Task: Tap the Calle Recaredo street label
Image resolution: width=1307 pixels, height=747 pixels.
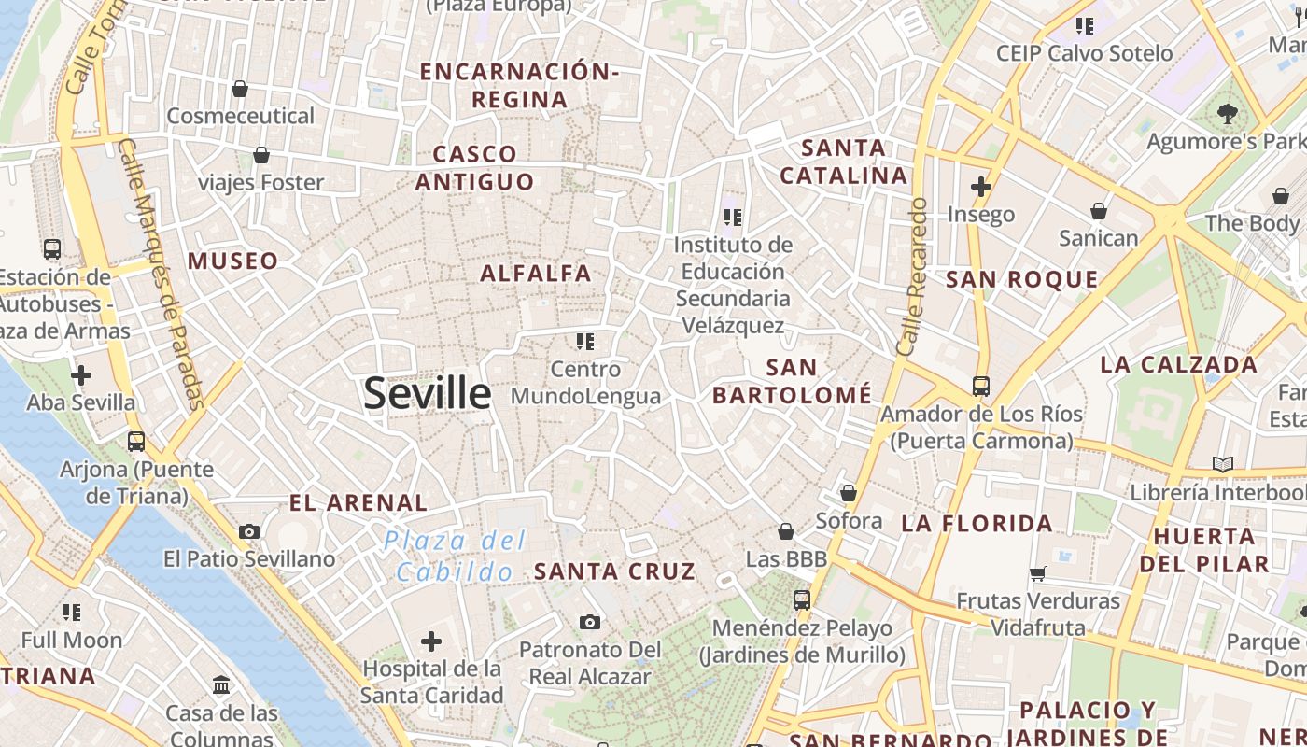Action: coord(911,276)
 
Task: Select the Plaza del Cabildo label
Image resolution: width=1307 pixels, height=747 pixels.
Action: coord(455,556)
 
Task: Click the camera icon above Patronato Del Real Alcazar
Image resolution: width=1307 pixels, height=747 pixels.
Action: coord(589,622)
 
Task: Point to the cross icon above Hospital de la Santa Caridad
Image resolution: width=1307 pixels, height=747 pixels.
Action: coord(430,641)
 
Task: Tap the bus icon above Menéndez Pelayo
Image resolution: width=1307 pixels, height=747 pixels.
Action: coord(801,600)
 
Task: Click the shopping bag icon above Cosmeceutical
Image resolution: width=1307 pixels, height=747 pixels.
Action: coord(240,89)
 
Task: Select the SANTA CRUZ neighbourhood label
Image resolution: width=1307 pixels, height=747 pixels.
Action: coord(614,571)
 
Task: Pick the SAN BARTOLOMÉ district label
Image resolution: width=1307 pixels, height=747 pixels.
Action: coord(792,381)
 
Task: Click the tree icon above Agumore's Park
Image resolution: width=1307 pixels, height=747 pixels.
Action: coord(1228,114)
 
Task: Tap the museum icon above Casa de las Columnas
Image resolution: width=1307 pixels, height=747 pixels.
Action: coord(221,685)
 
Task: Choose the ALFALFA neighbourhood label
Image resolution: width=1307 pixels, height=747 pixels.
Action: coord(536,274)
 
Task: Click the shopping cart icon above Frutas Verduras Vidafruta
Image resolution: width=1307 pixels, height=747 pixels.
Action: coord(1037,573)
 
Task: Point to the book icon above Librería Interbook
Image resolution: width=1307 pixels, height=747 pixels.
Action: coord(1222,464)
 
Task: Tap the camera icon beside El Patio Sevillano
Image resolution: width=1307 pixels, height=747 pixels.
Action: coord(249,531)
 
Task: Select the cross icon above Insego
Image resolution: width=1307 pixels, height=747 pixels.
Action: coord(980,187)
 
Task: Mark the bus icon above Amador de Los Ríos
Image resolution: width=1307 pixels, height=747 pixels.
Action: coord(980,386)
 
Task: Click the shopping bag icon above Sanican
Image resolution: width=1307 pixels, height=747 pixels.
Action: coord(1099,211)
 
